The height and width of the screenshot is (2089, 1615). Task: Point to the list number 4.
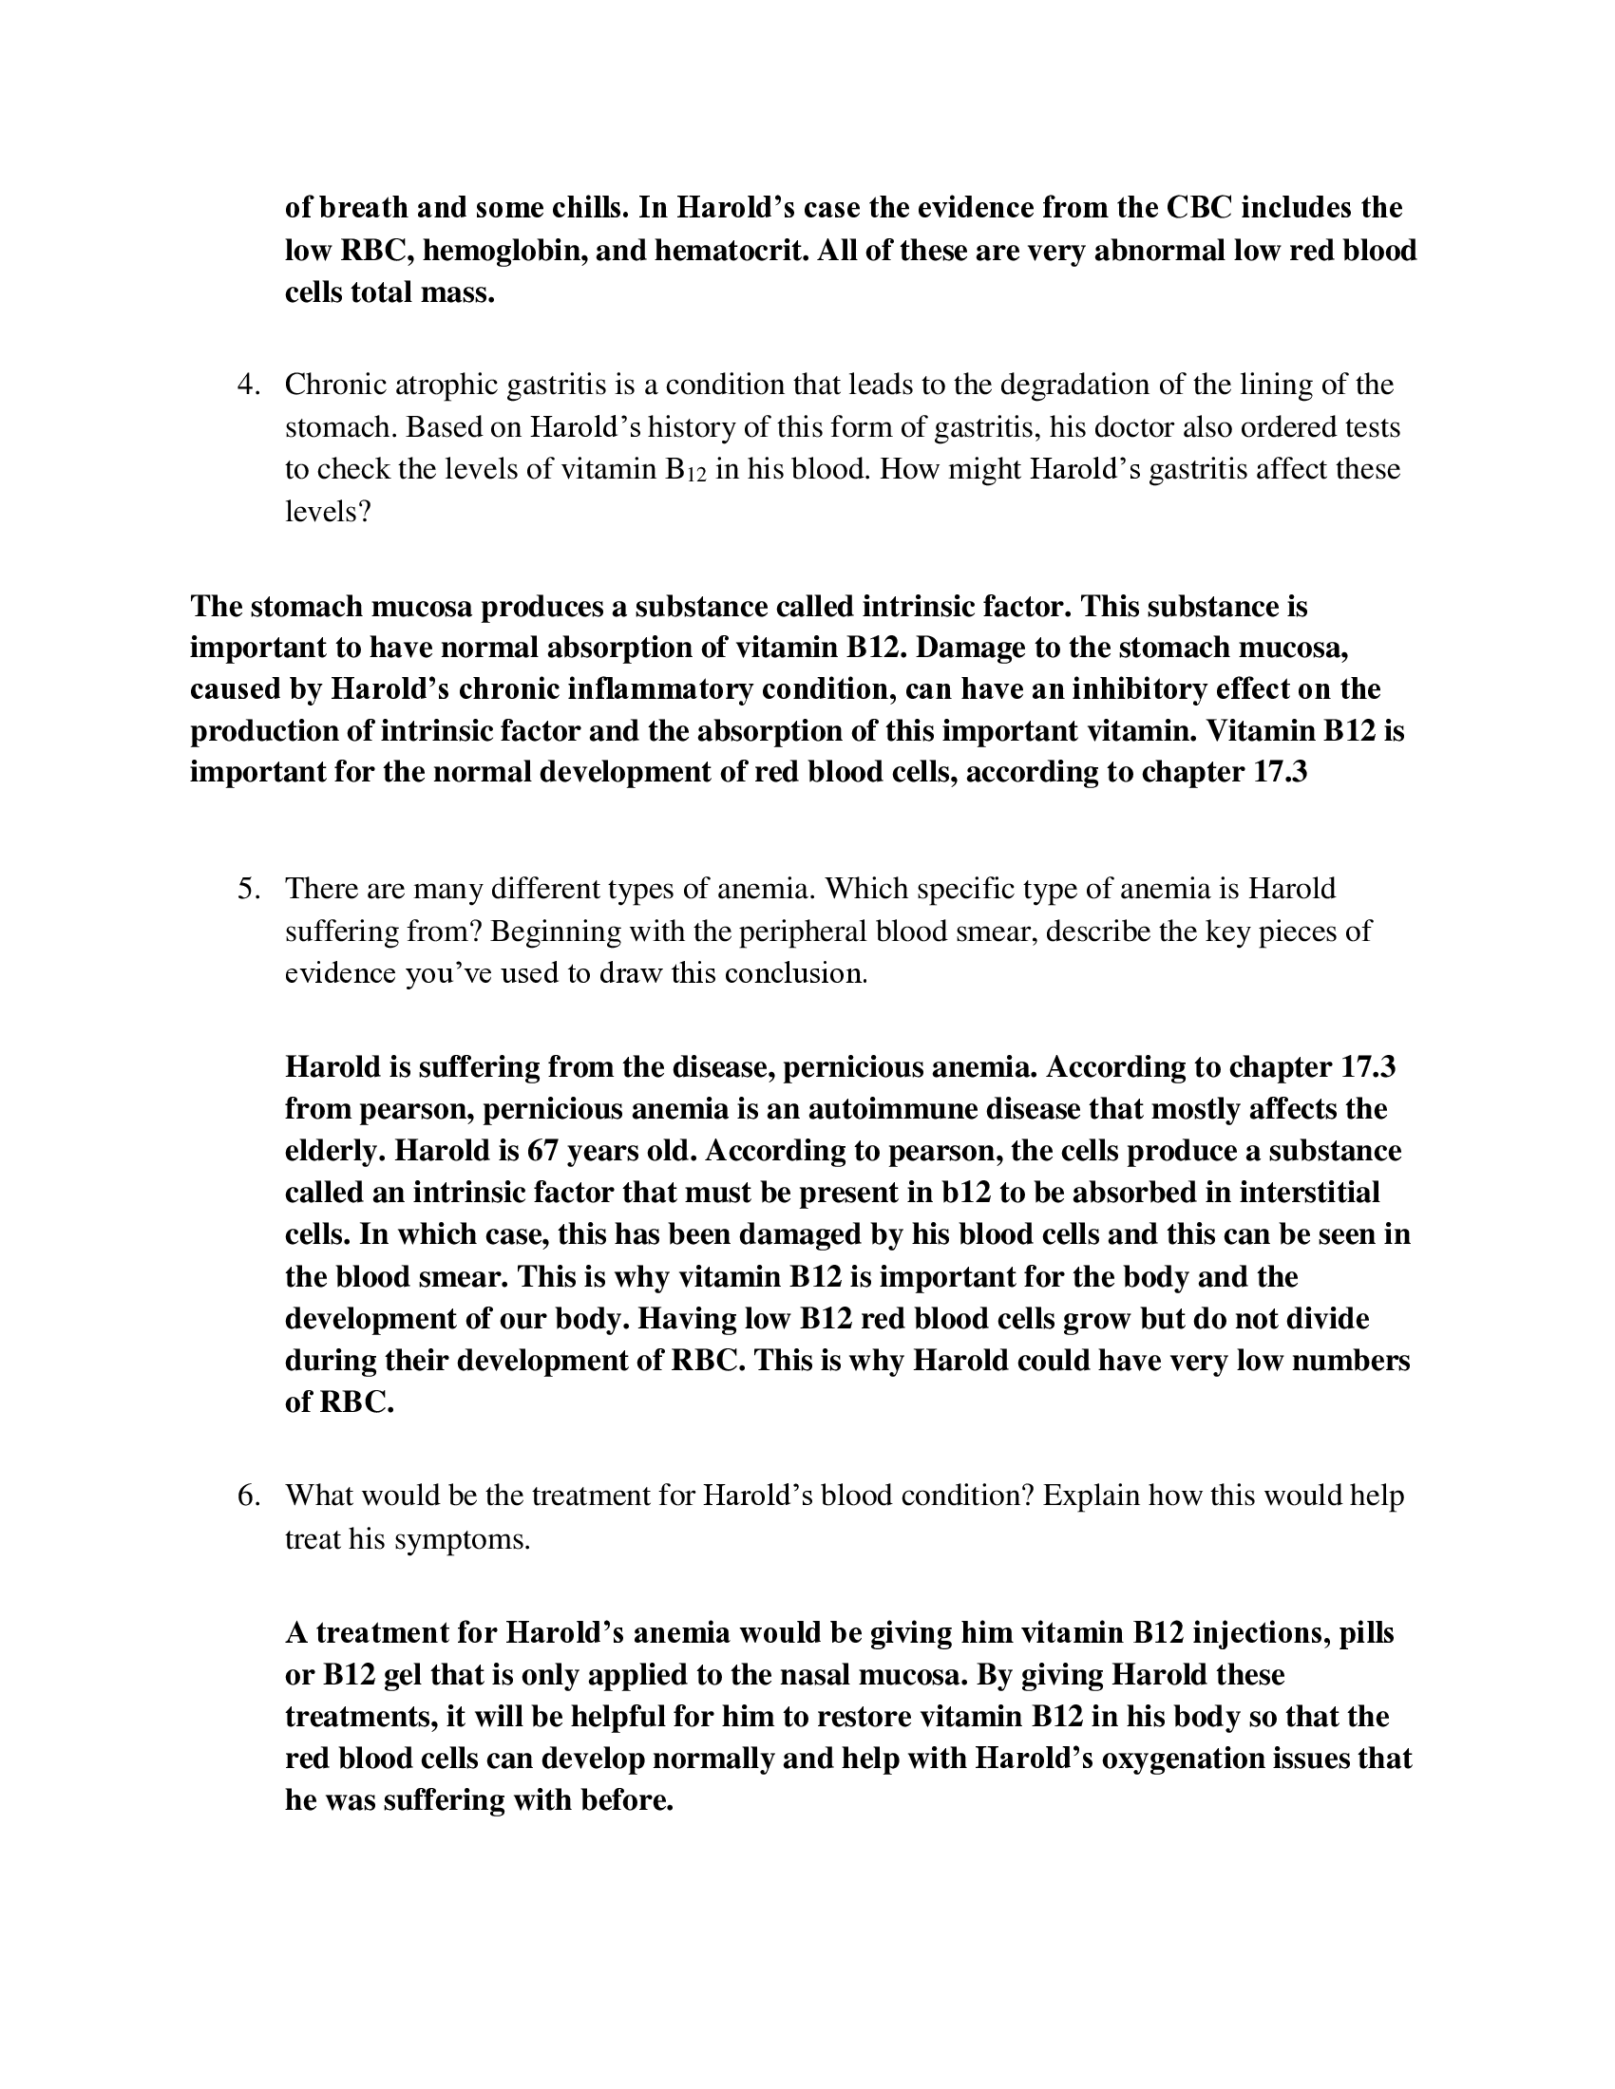coord(249,385)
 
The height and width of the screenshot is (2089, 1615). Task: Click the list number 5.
coord(249,889)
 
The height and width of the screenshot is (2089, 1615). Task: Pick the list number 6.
coord(249,1495)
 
